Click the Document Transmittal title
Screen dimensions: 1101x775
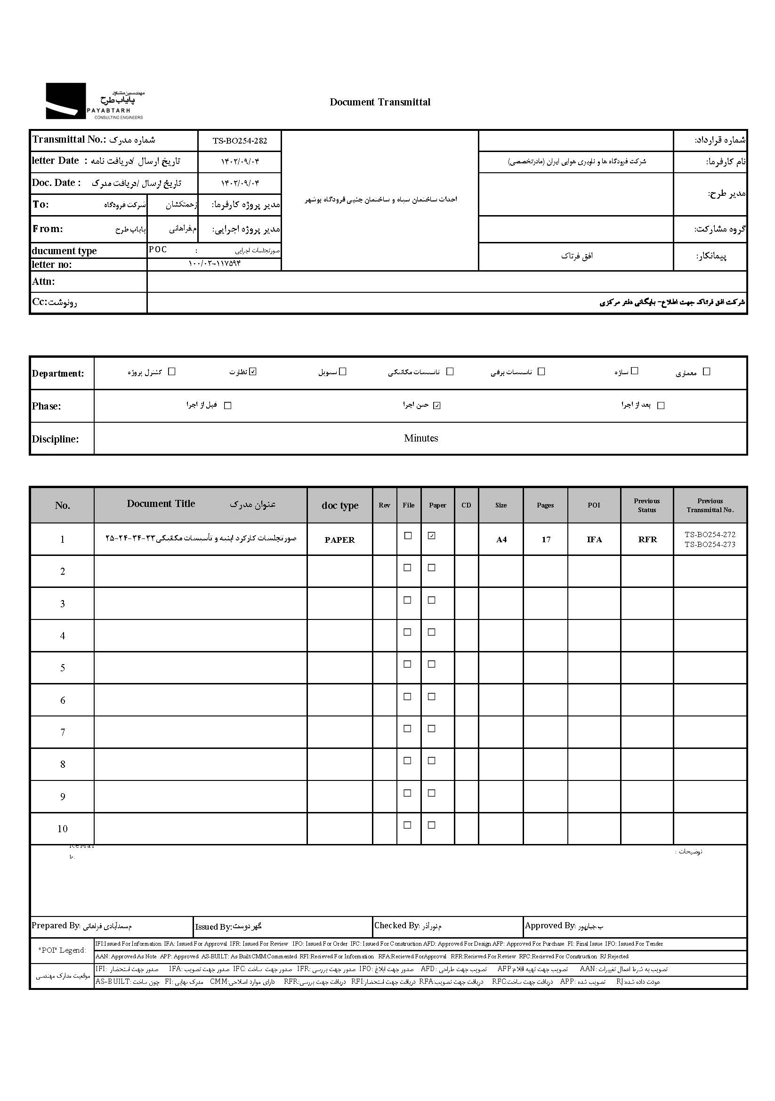[380, 102]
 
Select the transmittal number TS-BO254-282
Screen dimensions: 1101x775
[240, 140]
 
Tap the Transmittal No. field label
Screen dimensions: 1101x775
[69, 139]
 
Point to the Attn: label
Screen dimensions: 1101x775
[43, 281]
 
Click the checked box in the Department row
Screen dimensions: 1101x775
[253, 371]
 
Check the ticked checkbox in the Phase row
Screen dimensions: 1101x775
[436, 405]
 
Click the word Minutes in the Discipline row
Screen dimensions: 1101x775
[420, 438]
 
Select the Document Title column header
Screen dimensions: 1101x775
[161, 504]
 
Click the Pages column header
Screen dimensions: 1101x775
[545, 505]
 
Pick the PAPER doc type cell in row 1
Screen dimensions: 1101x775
[339, 539]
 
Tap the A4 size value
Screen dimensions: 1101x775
[501, 539]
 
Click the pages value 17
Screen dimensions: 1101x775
[546, 539]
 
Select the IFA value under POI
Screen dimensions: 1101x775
[594, 539]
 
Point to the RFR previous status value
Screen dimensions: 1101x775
[647, 539]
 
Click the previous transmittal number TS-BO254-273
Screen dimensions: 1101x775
[710, 544]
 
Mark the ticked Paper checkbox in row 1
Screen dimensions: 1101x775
[432, 536]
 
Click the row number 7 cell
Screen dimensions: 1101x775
[62, 732]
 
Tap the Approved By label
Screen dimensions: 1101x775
[549, 925]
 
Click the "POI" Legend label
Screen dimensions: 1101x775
[62, 950]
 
